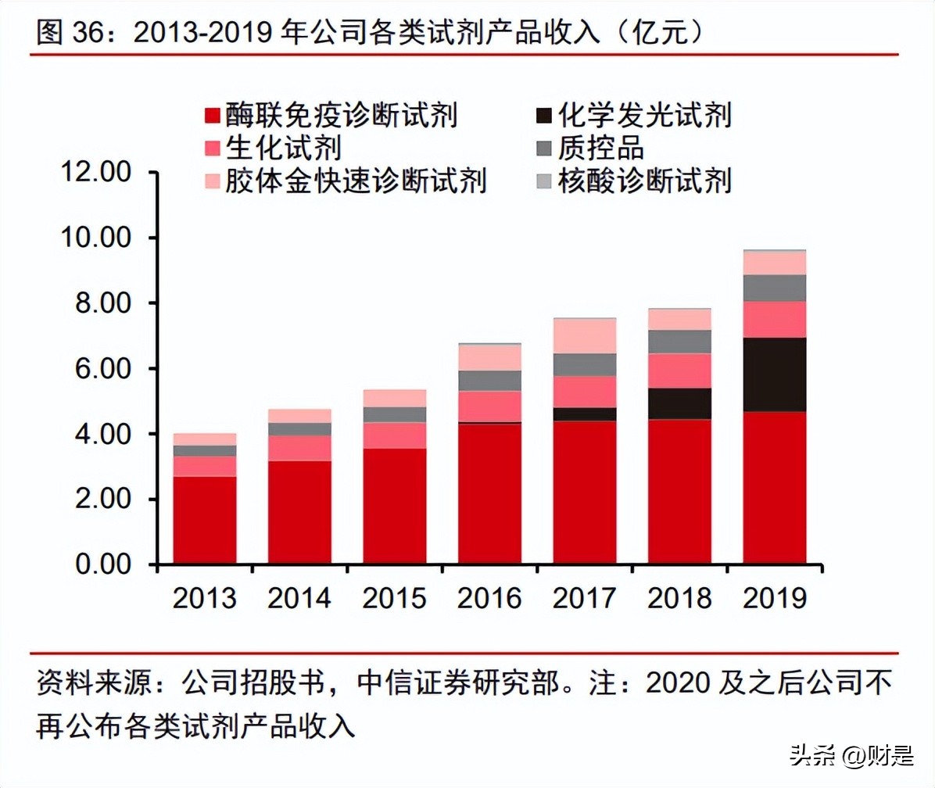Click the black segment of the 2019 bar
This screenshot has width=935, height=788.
click(x=774, y=374)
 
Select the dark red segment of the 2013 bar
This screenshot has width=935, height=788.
click(x=205, y=520)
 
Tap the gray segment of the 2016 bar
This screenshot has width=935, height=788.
click(x=489, y=381)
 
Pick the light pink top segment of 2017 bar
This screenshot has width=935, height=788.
click(x=585, y=336)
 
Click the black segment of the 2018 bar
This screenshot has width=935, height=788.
click(x=679, y=403)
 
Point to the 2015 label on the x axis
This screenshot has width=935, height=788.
click(x=395, y=598)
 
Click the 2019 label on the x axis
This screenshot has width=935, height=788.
click(x=774, y=598)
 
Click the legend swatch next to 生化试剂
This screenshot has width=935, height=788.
click(x=212, y=149)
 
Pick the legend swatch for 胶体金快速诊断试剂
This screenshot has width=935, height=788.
click(x=212, y=181)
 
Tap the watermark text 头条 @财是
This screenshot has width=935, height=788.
click(x=851, y=757)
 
